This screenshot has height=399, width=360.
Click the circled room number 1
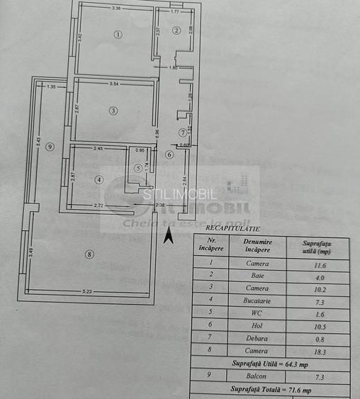[118, 34]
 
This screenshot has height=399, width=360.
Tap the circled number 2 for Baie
[176, 30]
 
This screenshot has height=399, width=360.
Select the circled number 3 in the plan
[113, 110]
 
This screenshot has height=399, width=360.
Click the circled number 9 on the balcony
[49, 147]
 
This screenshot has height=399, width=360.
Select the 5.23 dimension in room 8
[88, 291]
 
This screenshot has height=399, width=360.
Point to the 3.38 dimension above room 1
[118, 9]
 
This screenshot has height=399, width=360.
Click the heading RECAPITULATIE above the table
[232, 229]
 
